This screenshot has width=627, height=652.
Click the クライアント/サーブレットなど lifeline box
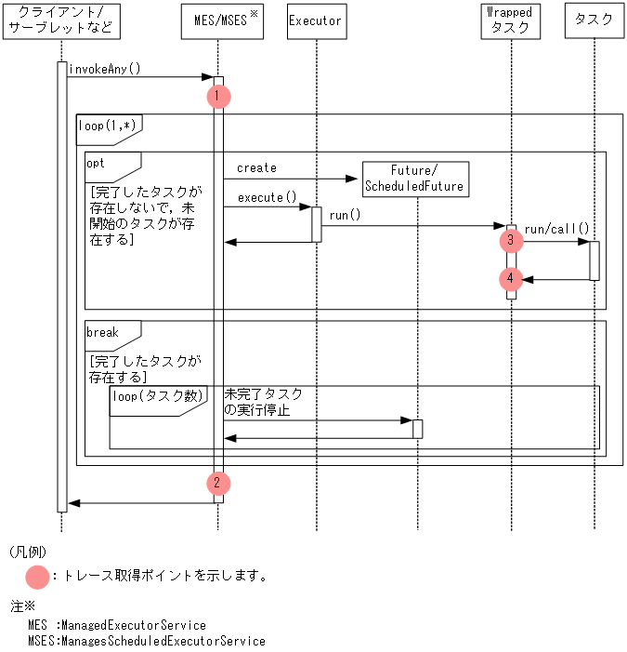[61, 20]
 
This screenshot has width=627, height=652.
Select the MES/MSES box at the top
[218, 20]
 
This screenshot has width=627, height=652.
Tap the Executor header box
[315, 20]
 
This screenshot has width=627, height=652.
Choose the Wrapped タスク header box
[510, 20]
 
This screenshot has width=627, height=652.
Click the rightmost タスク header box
[594, 20]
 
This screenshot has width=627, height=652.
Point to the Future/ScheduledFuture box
[414, 179]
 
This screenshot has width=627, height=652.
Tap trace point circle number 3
[510, 241]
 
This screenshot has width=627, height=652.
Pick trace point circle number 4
[510, 278]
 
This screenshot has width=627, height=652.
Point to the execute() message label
[267, 197]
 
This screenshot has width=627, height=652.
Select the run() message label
[345, 215]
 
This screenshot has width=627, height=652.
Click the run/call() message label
[556, 229]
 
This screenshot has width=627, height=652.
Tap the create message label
[256, 168]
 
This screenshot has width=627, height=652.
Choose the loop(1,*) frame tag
[106, 125]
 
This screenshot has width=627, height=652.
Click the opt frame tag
[97, 163]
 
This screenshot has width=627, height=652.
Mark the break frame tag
[102, 332]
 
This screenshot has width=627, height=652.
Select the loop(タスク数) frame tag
[157, 396]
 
